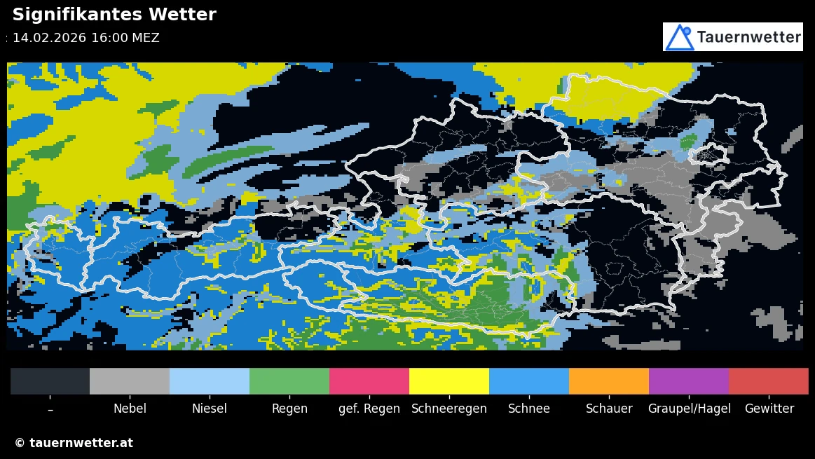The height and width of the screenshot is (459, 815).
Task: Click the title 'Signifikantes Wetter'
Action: tap(114, 15)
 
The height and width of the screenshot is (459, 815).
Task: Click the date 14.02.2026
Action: tap(49, 38)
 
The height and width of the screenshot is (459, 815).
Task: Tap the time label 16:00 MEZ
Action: tap(125, 38)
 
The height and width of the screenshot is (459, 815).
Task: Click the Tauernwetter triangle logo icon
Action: tap(679, 37)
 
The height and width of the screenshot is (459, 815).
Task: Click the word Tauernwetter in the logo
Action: tap(748, 37)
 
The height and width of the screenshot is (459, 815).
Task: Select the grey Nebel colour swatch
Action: tap(130, 381)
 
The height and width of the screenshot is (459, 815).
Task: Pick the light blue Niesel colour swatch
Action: tap(210, 381)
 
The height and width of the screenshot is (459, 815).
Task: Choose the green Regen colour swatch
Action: tap(289, 381)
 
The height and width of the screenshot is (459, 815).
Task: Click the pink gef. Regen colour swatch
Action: tap(369, 381)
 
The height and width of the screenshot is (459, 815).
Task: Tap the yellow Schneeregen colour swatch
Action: tap(449, 381)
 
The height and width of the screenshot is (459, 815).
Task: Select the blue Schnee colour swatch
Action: tap(529, 381)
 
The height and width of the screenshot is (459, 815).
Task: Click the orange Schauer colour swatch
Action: tap(609, 381)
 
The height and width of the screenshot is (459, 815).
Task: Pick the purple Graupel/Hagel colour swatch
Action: tap(689, 381)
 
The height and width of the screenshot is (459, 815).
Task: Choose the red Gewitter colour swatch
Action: tap(769, 381)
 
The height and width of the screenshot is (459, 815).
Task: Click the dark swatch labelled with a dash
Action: tap(50, 381)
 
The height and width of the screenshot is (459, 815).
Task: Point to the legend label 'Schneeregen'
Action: tap(449, 409)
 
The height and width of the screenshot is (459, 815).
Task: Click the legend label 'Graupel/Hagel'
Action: tap(689, 409)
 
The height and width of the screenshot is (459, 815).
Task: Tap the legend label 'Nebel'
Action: tap(130, 409)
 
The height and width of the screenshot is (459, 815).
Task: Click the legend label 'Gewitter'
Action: tap(769, 409)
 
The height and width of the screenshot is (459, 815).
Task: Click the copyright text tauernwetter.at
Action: tap(74, 443)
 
